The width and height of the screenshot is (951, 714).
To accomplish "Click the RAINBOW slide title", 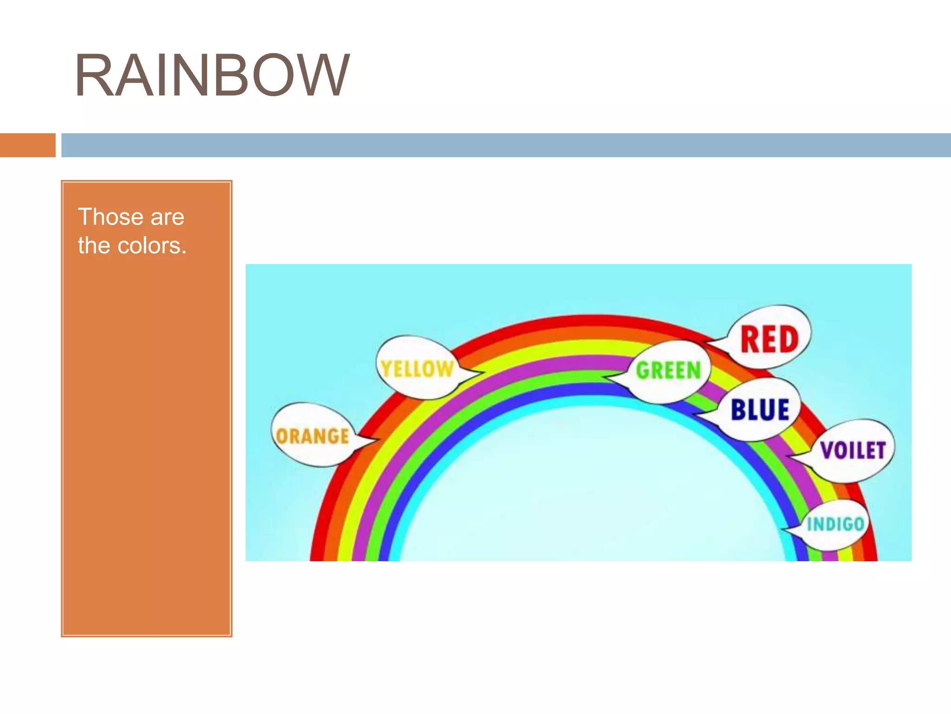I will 212,75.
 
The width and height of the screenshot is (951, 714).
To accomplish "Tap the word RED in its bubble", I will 769,339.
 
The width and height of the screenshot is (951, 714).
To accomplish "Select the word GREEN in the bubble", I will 668,370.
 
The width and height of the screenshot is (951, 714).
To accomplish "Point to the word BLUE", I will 760,410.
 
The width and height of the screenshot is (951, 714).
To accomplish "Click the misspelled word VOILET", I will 853,450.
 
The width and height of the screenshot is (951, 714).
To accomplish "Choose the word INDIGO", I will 835,524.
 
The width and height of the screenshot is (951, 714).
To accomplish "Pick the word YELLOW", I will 417,369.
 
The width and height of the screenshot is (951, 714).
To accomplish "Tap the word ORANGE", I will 312,436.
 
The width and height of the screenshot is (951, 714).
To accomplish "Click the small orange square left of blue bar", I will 27,145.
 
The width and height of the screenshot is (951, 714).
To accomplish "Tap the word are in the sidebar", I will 167,217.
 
